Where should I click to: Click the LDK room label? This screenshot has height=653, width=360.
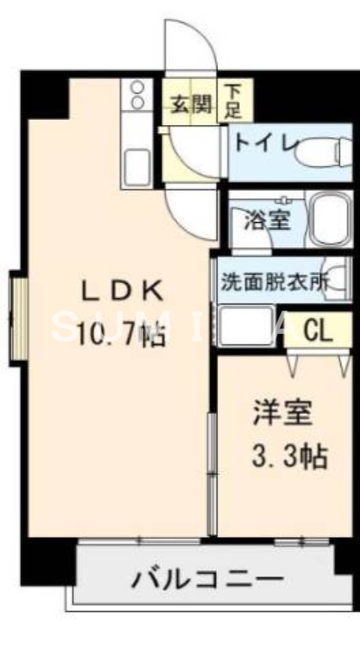pos(123,291)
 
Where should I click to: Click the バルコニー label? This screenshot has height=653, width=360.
pos(208,581)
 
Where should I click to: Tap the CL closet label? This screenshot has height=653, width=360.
pos(318,331)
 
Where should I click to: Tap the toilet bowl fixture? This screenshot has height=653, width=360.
pos(322,149)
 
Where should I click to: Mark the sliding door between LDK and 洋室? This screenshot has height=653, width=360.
pos(211,473)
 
